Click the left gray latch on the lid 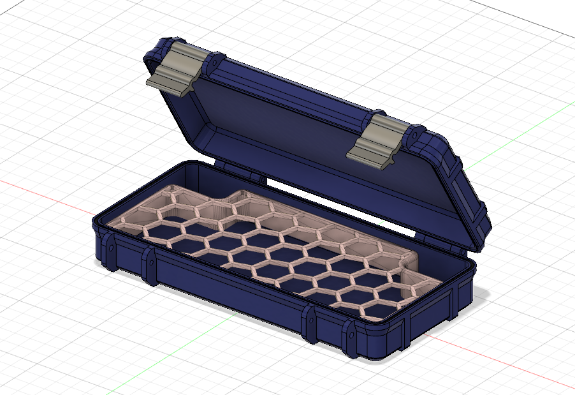(x=175, y=70)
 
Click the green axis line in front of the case (x=185, y=345)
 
